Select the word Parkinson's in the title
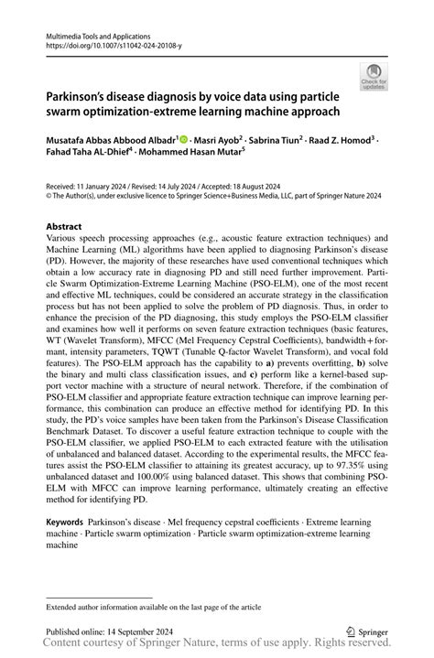point(79,94)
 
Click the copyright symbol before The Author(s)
point(49,195)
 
